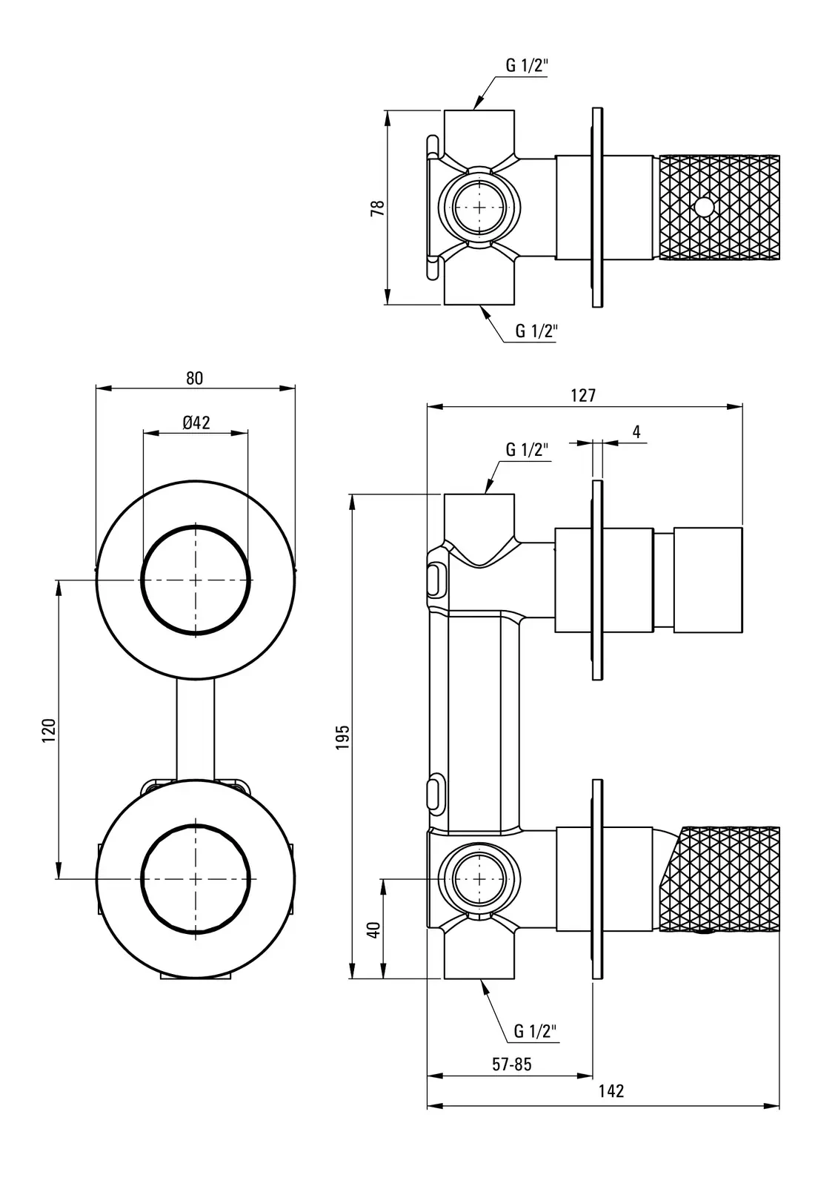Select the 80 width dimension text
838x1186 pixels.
[194, 378]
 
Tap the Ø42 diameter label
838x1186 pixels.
[196, 423]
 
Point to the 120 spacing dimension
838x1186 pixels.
[49, 730]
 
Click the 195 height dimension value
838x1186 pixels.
[342, 737]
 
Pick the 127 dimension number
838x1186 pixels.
[583, 395]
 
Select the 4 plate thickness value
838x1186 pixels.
[636, 431]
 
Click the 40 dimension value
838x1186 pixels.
[374, 930]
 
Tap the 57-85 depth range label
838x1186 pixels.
[512, 1064]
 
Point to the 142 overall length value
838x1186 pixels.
[611, 1091]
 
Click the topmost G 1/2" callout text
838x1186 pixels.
[527, 65]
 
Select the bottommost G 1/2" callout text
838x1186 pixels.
[535, 1031]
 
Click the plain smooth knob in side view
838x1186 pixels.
[708, 580]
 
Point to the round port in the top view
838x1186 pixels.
[479, 207]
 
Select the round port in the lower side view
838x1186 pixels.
[479, 879]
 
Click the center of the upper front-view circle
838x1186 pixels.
[196, 580]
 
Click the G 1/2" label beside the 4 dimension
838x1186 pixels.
[527, 449]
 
